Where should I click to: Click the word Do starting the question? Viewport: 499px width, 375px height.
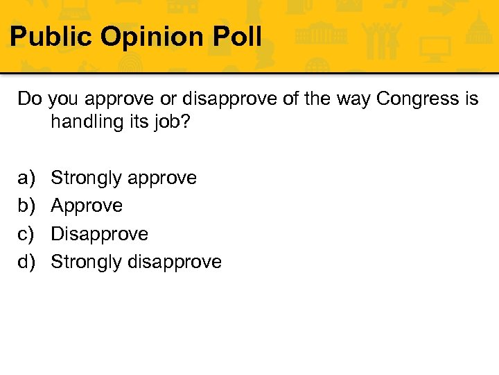(x=30, y=99)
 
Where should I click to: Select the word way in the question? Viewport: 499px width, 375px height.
(x=353, y=99)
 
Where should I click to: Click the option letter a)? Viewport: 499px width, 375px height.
(x=26, y=178)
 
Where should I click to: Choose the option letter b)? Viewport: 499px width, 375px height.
(x=26, y=206)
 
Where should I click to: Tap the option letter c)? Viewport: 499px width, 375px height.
(x=26, y=234)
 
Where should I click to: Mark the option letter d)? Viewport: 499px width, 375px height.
(x=26, y=262)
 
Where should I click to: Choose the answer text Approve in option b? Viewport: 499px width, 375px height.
(x=87, y=206)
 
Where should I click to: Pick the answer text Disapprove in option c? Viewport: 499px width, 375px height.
(x=100, y=234)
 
